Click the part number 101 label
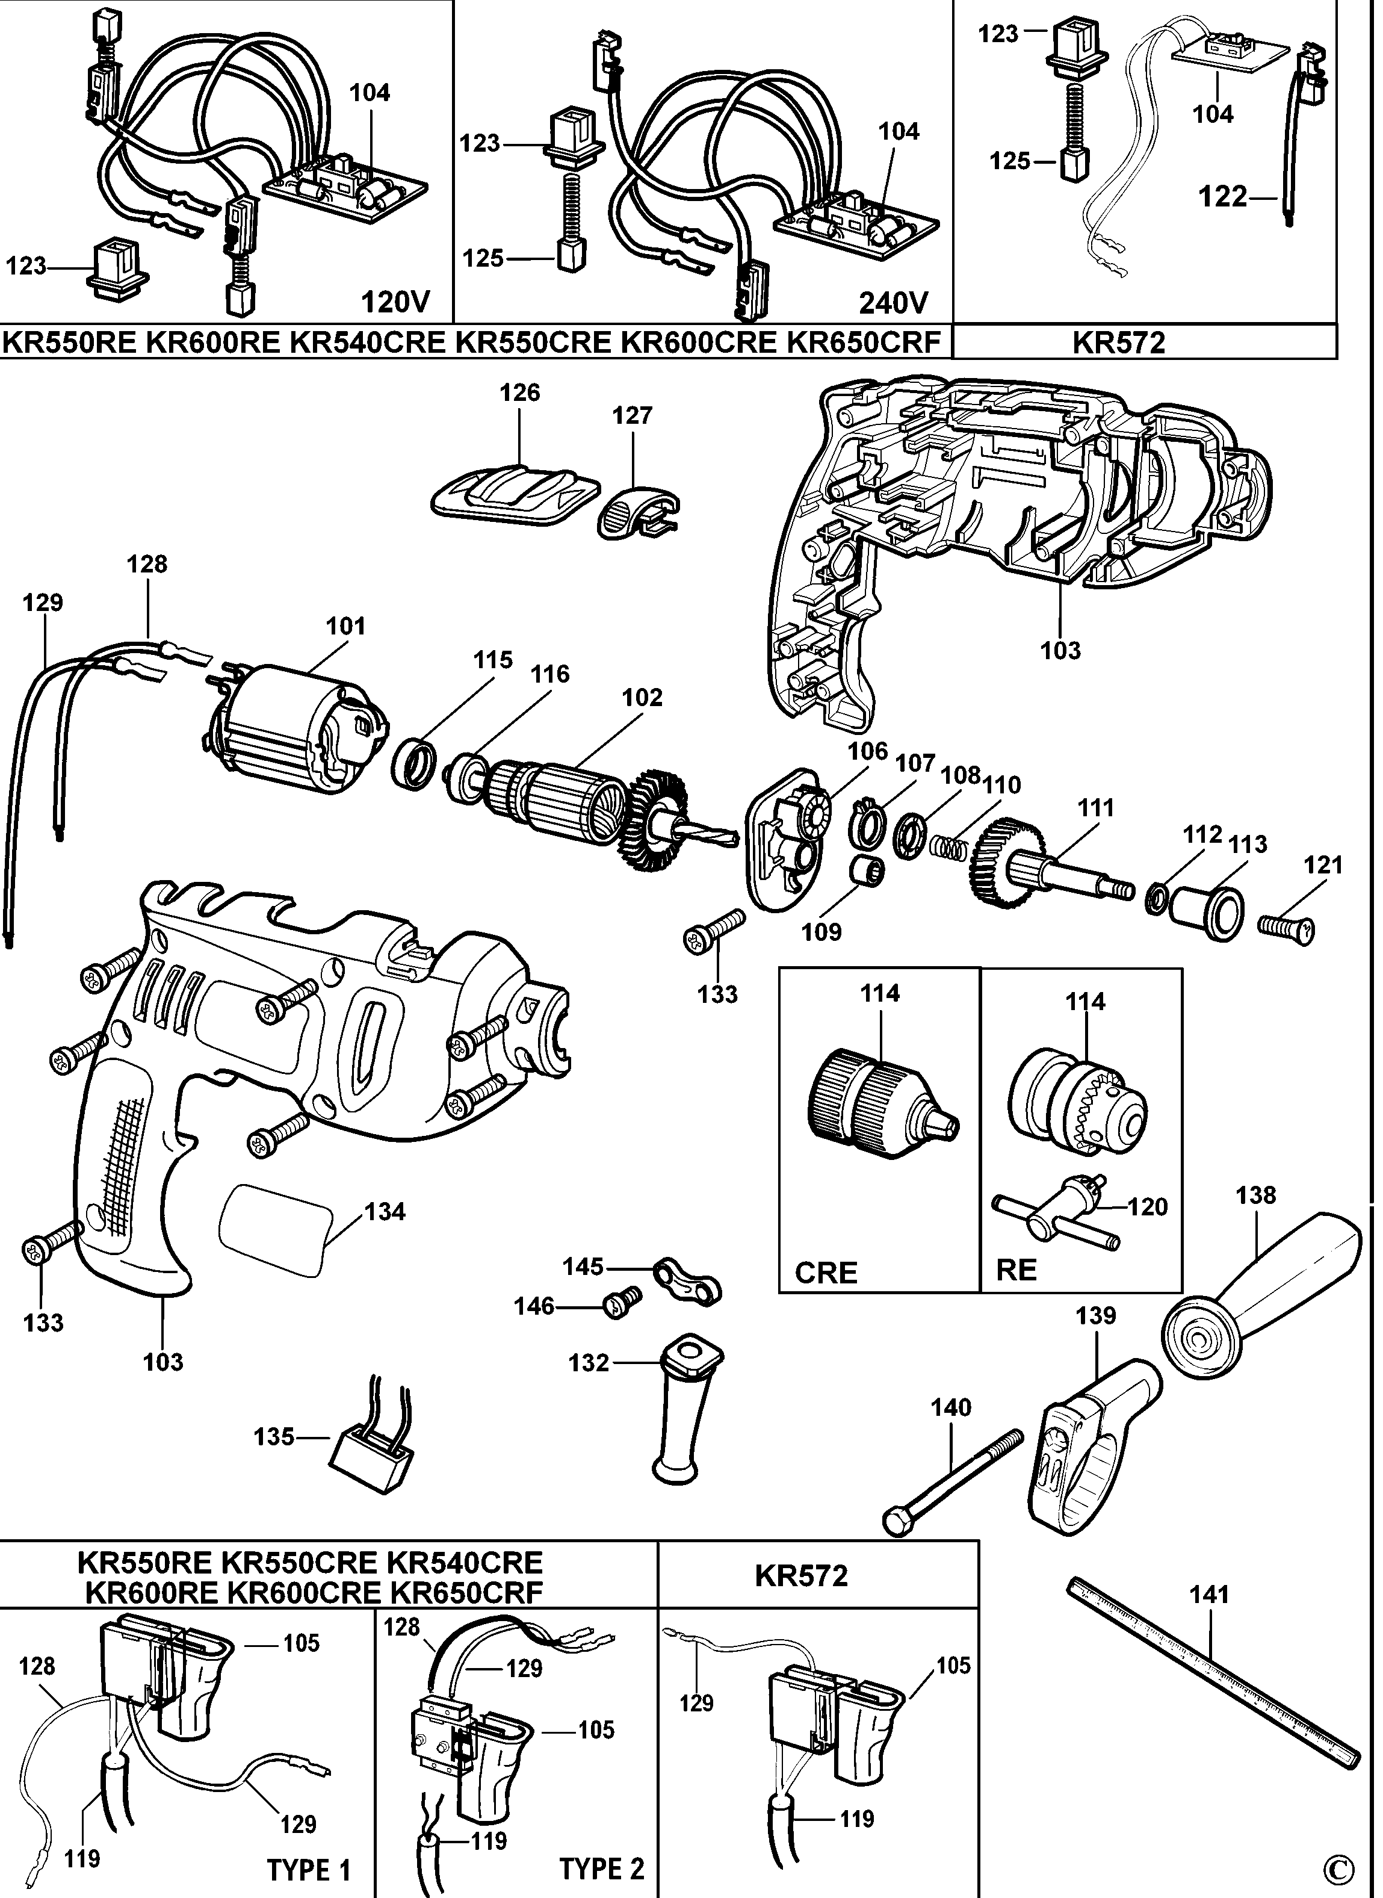point(345,626)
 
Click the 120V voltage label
point(395,302)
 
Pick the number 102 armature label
point(642,698)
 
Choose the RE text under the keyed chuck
point(1016,1271)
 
